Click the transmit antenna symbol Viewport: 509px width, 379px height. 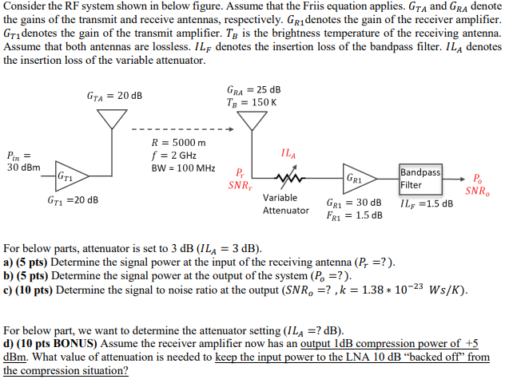[x=113, y=118]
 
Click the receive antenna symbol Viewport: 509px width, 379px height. [x=254, y=119]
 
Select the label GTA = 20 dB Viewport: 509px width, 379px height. [x=114, y=96]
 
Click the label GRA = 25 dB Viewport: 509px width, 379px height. [x=254, y=89]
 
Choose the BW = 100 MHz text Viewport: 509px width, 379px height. [x=183, y=168]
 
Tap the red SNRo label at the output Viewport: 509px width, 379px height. [x=478, y=191]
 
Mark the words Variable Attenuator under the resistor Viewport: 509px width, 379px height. [x=285, y=203]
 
